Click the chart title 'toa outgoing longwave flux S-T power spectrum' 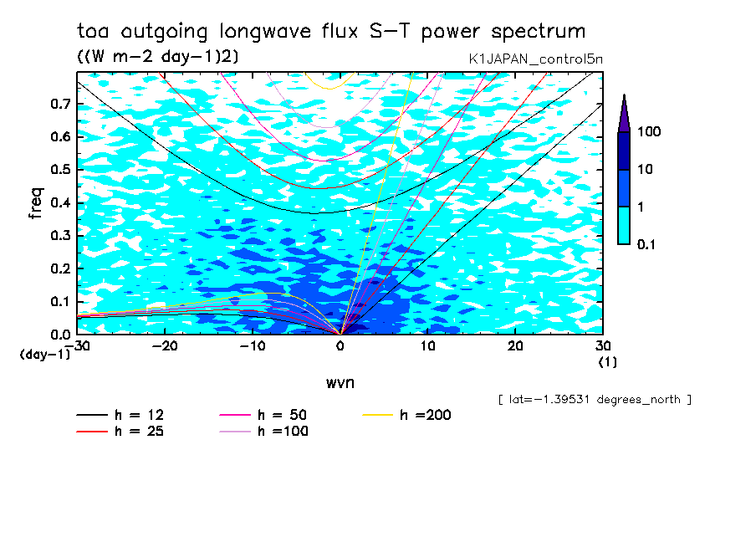331,32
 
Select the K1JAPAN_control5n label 535,59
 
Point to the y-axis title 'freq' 35,203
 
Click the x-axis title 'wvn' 340,382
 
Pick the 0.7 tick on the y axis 61,105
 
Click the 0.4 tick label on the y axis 61,203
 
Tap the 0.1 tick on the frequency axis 61,302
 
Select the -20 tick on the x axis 165,345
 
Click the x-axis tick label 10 427,345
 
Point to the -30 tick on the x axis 77,345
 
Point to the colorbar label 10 646,170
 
